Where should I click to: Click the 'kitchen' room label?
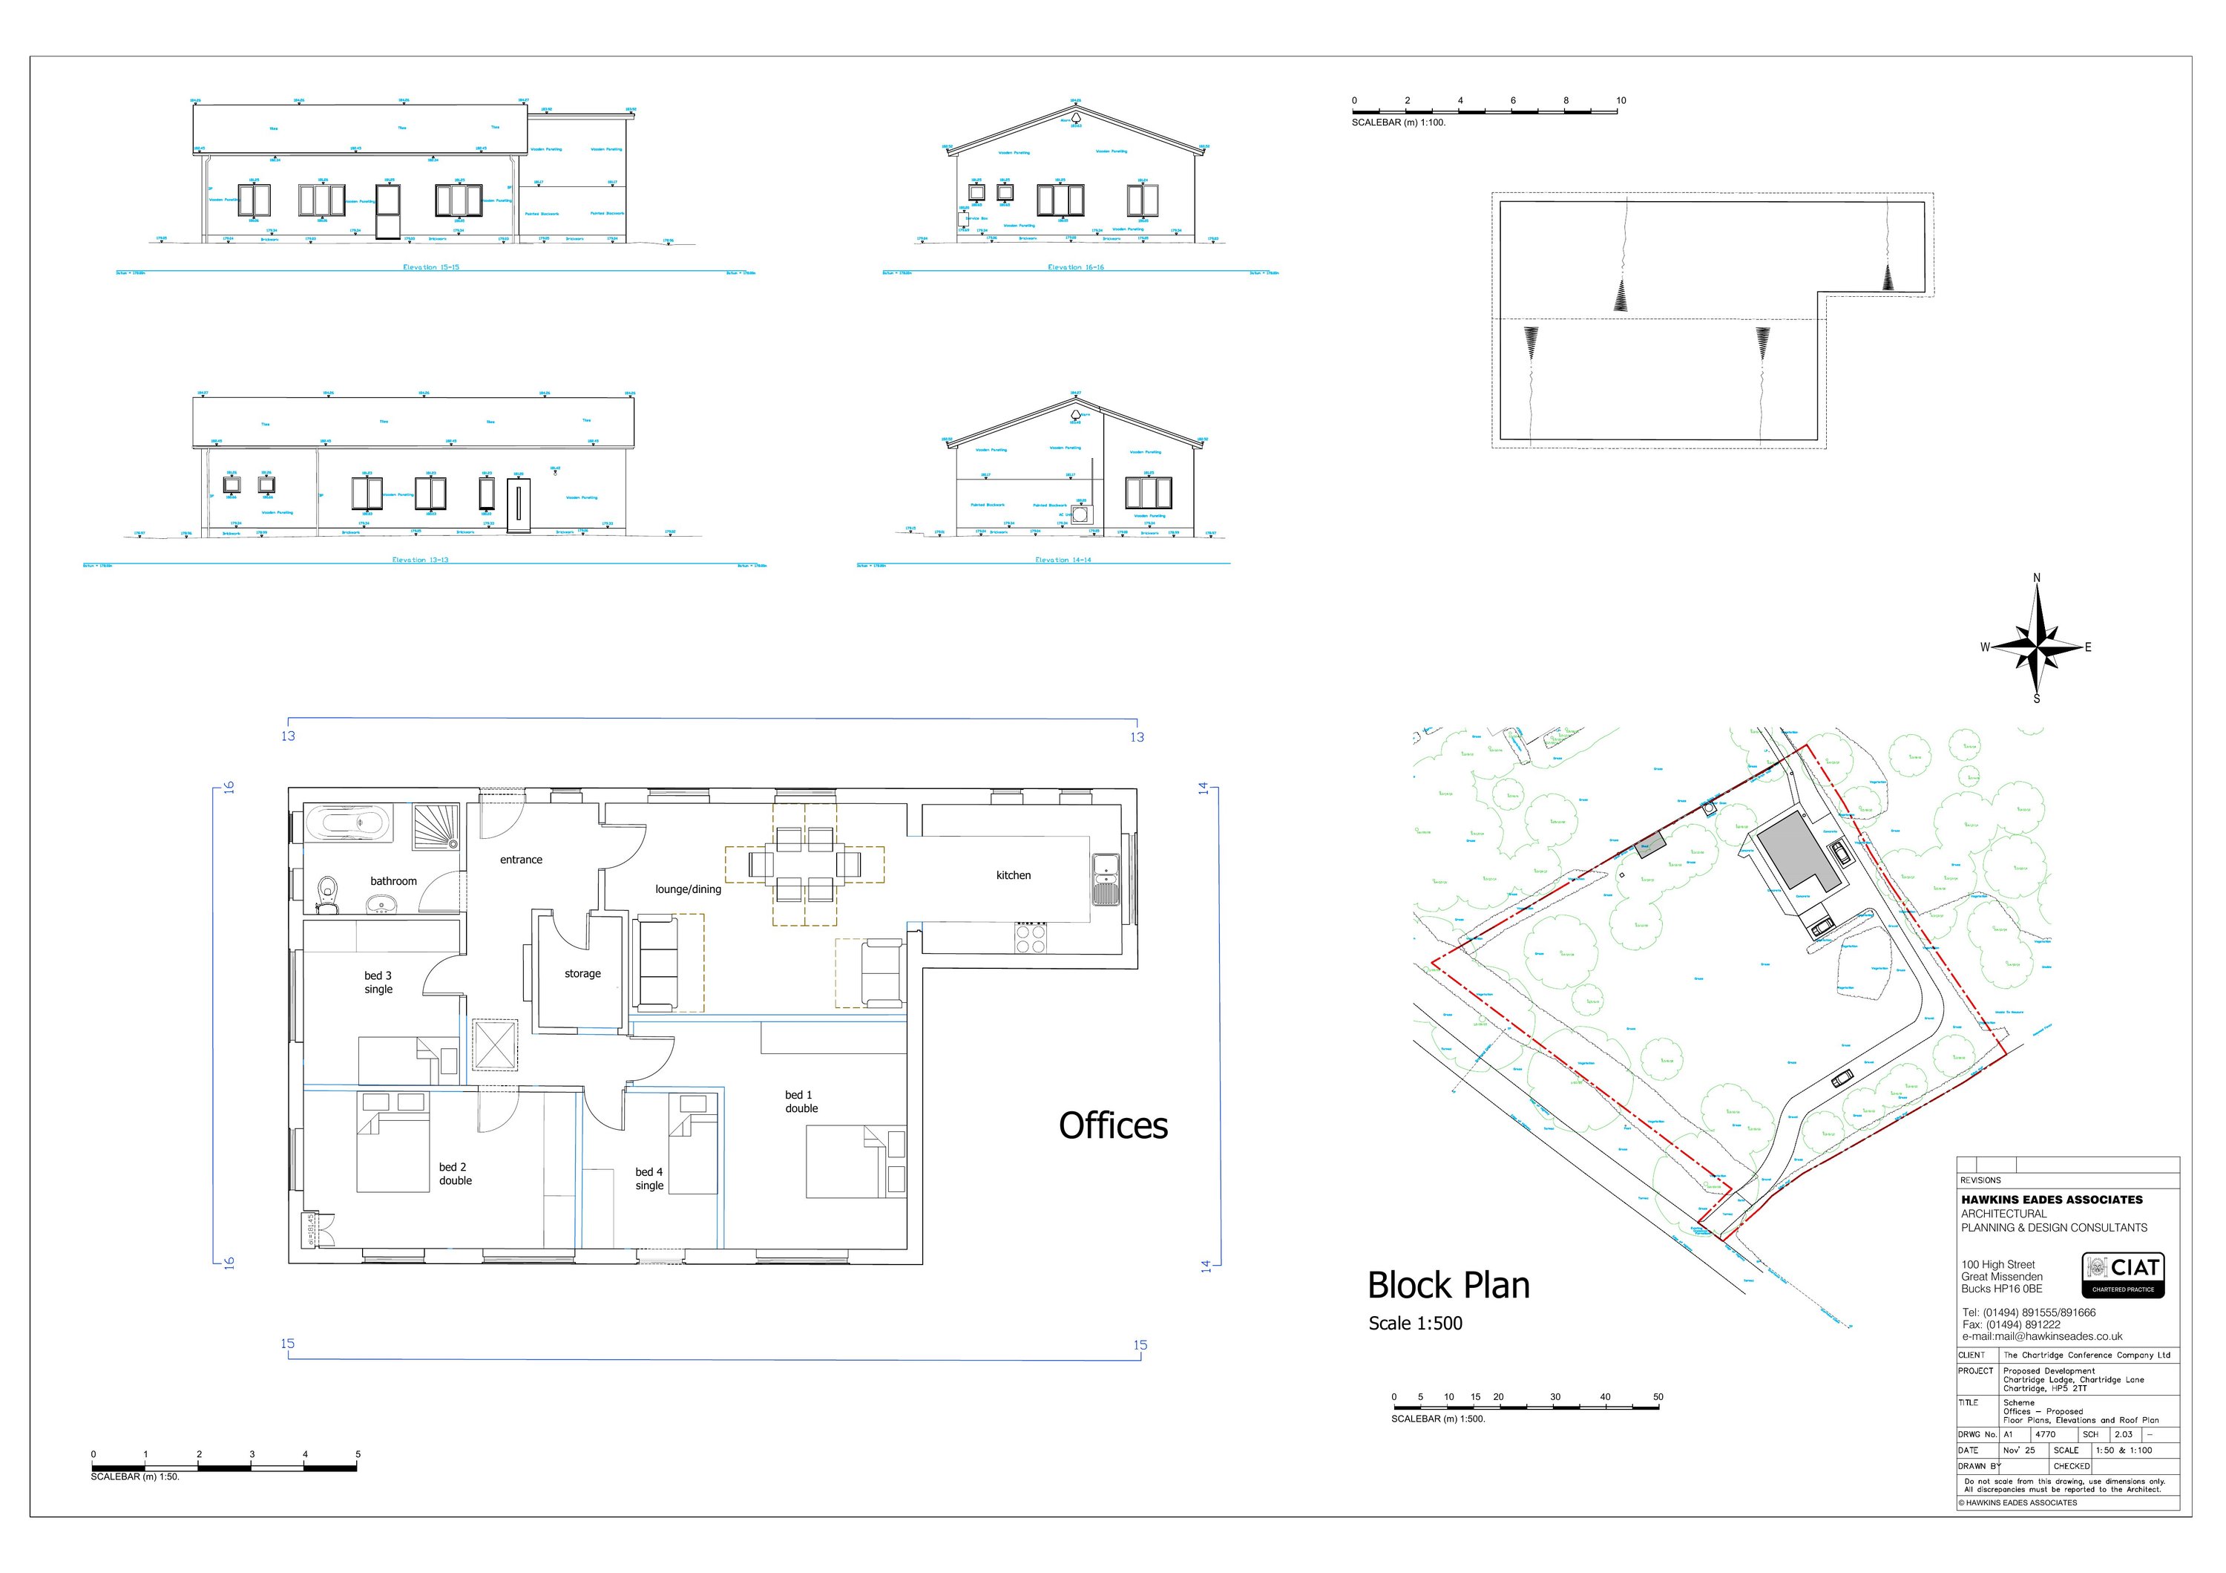point(1013,874)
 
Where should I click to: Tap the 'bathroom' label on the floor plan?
point(393,880)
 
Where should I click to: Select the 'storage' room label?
point(582,972)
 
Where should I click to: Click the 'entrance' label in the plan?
point(521,859)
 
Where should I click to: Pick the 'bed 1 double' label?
point(801,1102)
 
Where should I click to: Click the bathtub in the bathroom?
point(349,824)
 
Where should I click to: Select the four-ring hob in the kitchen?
point(1030,937)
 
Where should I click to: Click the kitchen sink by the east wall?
point(1104,877)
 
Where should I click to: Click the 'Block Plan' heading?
point(1448,1285)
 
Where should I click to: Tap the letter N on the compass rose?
point(2036,578)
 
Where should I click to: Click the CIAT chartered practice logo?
point(2123,1275)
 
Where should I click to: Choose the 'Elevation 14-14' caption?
point(1063,560)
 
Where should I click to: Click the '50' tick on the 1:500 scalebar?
point(1658,1398)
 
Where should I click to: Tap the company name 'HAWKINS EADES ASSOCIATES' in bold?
point(2052,1200)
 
